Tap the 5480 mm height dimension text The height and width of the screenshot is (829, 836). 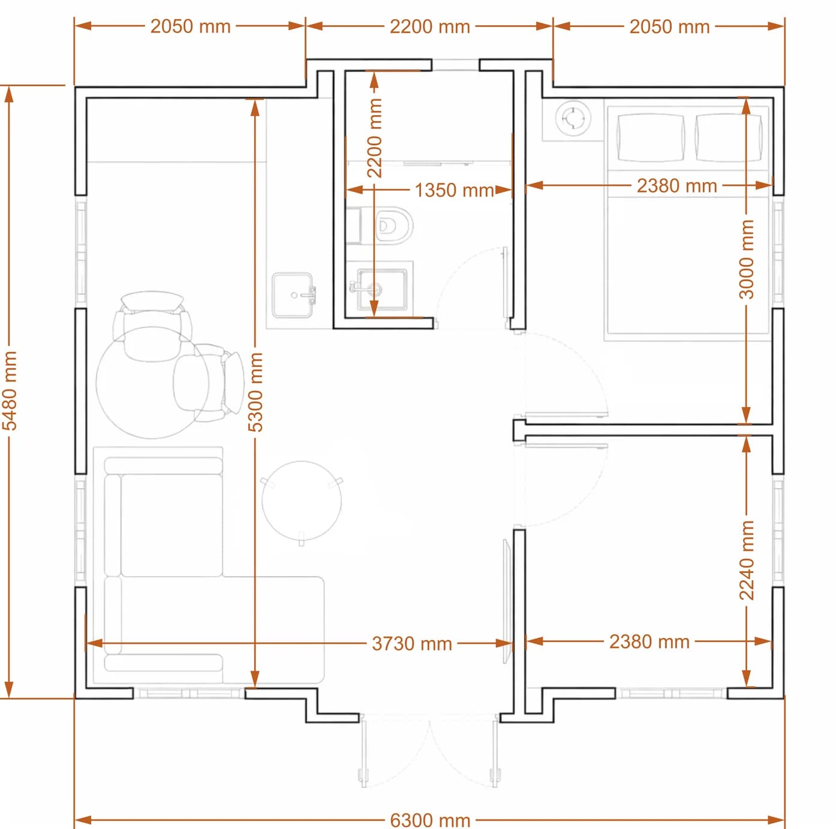click(10, 391)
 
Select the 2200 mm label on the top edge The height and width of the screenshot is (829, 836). click(429, 27)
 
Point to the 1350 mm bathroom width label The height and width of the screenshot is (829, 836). click(454, 190)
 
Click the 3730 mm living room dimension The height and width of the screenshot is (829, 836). click(412, 643)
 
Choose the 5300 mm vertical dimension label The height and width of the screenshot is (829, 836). click(255, 392)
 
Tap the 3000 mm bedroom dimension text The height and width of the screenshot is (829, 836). click(746, 260)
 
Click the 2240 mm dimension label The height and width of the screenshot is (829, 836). click(746, 560)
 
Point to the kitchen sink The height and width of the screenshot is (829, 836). click(294, 295)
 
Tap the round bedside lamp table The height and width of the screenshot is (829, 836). click(573, 119)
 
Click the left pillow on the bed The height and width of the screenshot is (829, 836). click(650, 137)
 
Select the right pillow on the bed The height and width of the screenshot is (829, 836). click(729, 137)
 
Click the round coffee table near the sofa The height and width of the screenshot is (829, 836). click(302, 501)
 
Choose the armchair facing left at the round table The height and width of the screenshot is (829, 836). click(208, 382)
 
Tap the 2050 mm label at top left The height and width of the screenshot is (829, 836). click(190, 27)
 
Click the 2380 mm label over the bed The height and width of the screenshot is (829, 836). click(676, 186)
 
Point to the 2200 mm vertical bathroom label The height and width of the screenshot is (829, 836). click(374, 138)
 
